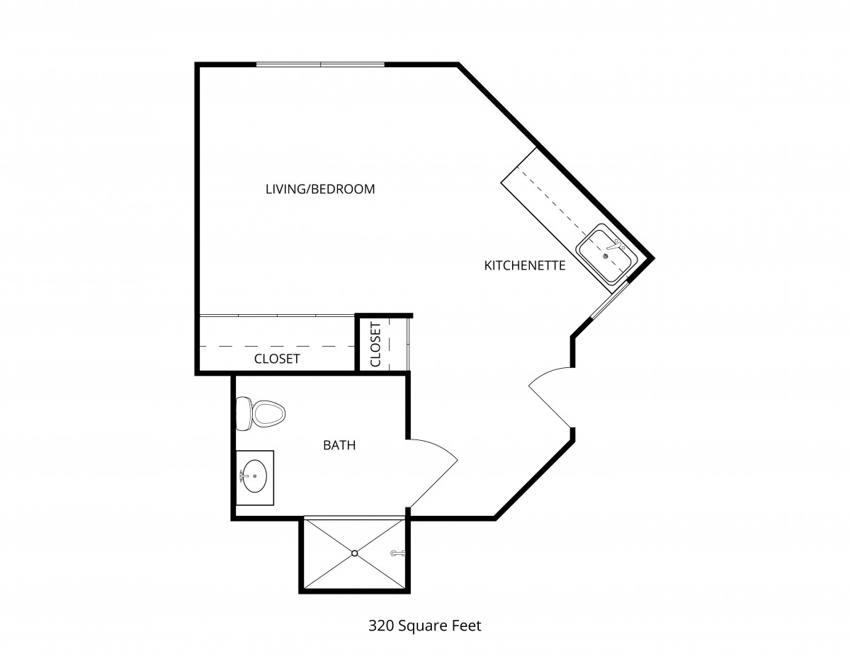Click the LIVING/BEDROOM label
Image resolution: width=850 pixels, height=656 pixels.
320,189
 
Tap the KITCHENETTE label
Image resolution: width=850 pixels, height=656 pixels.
525,265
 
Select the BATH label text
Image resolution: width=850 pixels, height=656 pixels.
339,445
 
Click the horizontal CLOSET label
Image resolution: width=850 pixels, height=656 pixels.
277,359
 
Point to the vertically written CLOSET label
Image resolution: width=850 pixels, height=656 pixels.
375,344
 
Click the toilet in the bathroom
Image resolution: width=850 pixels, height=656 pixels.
261,414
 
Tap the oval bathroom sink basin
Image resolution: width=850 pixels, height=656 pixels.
255,476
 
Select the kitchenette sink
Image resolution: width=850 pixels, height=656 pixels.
606,253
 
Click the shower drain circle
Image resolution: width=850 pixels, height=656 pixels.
355,553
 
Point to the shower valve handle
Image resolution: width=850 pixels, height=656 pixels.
397,553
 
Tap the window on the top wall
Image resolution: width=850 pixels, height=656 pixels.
320,64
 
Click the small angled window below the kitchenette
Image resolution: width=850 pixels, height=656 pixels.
609,300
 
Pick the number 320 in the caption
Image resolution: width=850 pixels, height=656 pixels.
381,626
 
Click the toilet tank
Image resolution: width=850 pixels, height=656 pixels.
243,414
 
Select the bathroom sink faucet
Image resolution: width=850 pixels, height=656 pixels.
243,476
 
